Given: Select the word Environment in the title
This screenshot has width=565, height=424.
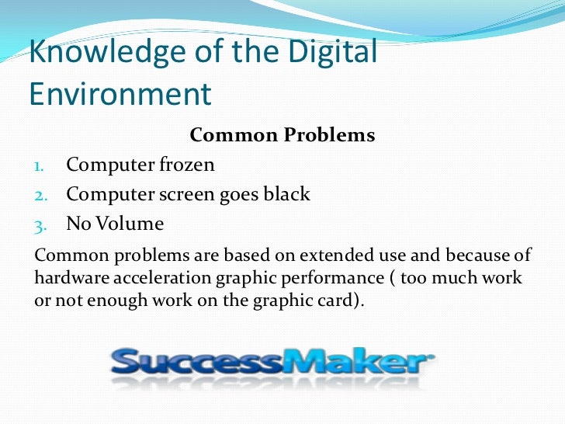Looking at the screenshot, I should point(120,93).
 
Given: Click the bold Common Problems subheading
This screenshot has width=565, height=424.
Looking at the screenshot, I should point(282,135).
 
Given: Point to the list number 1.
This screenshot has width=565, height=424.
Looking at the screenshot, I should point(40,165).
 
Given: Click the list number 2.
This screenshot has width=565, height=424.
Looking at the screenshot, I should point(40,195).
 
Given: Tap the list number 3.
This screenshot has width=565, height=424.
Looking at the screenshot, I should point(40,225).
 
